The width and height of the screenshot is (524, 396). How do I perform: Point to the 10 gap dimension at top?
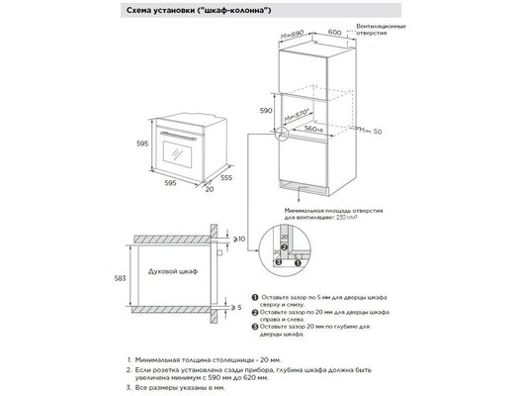point(241,239)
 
